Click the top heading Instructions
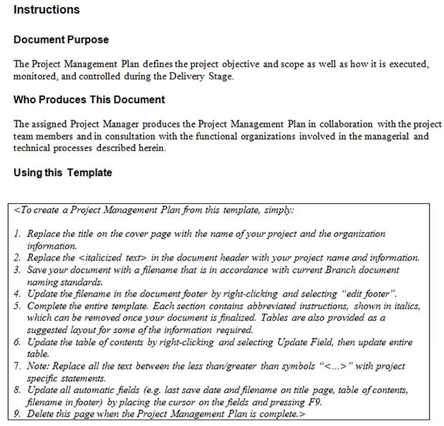(x=47, y=10)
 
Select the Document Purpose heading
(x=61, y=39)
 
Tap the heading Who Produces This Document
(x=89, y=100)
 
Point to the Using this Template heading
(x=62, y=173)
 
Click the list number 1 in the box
(x=17, y=234)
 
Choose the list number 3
(x=17, y=270)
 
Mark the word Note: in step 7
(x=40, y=366)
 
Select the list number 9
(x=17, y=415)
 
